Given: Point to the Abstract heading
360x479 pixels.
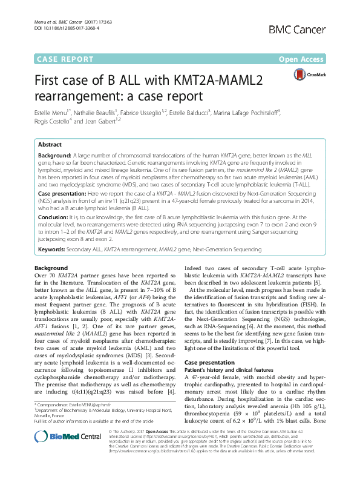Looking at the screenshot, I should click(x=50, y=145).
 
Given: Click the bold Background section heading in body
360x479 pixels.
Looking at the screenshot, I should click(x=51, y=267).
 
